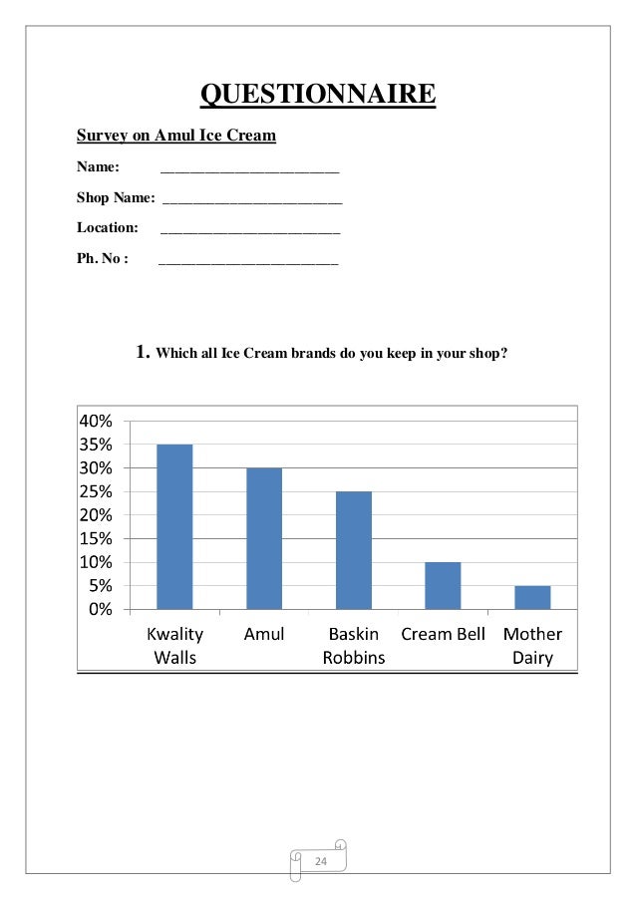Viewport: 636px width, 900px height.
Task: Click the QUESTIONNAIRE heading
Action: point(318,94)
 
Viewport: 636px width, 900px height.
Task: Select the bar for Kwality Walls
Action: point(174,526)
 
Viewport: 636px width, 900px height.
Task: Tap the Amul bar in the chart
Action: point(264,538)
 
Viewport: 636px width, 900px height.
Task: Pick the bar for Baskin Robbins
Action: point(353,550)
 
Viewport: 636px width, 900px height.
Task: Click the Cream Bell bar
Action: point(443,585)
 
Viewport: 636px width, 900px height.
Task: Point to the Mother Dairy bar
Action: point(532,597)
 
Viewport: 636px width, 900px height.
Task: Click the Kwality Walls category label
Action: point(174,646)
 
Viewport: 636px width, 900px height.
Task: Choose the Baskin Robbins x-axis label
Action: point(353,646)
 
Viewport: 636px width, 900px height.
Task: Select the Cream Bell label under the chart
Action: point(443,634)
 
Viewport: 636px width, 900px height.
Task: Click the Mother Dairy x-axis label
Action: point(532,646)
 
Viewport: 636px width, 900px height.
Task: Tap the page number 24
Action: point(321,860)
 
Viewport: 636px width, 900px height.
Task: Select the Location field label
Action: point(108,228)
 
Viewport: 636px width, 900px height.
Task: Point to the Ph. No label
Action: point(103,259)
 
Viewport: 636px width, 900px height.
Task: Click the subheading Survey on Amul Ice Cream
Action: point(176,135)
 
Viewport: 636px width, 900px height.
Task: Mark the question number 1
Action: point(142,351)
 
